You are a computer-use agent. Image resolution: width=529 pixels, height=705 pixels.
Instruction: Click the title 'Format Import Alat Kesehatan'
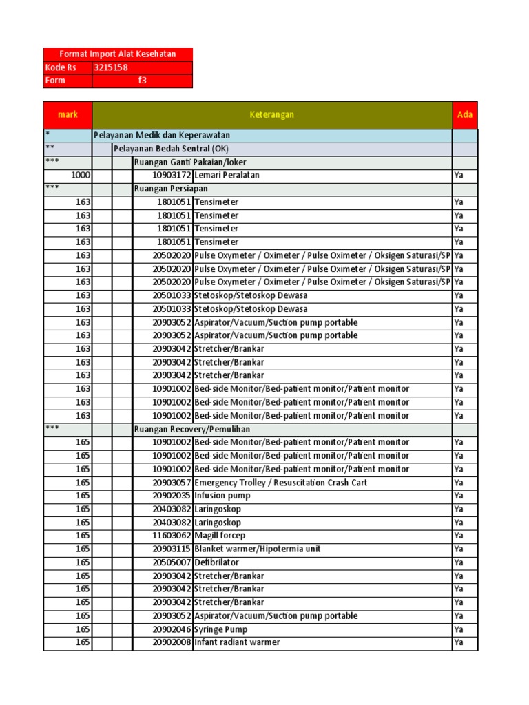tap(118, 54)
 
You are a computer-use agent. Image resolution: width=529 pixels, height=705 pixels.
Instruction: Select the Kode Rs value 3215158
tap(111, 67)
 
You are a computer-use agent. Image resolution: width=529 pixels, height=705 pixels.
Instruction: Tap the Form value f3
tap(143, 81)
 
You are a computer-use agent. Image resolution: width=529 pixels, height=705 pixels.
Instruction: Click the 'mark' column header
tap(68, 114)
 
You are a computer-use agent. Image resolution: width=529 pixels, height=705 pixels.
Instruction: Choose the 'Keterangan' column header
tap(272, 114)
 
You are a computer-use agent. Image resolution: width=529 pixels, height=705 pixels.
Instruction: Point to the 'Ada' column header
tap(465, 114)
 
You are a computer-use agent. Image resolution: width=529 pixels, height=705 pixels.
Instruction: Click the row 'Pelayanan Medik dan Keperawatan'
tap(162, 135)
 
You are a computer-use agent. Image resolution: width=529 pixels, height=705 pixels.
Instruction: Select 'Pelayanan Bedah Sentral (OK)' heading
tap(171, 149)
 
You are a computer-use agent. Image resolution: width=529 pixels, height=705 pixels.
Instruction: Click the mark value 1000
tap(81, 176)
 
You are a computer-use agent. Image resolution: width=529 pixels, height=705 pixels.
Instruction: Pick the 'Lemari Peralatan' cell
tap(227, 176)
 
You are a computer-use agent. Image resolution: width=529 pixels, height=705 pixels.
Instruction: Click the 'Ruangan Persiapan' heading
tap(171, 189)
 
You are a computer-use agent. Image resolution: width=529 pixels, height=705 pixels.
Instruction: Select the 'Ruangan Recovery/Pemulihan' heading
tap(192, 429)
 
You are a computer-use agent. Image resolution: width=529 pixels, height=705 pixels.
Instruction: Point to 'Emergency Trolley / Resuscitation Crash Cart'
tap(280, 483)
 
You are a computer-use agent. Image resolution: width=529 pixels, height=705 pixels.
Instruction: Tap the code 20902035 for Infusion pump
tap(172, 496)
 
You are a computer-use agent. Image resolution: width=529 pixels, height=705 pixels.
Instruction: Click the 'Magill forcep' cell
tap(220, 536)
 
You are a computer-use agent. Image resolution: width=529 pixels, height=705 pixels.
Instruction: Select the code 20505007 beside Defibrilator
tap(172, 562)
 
